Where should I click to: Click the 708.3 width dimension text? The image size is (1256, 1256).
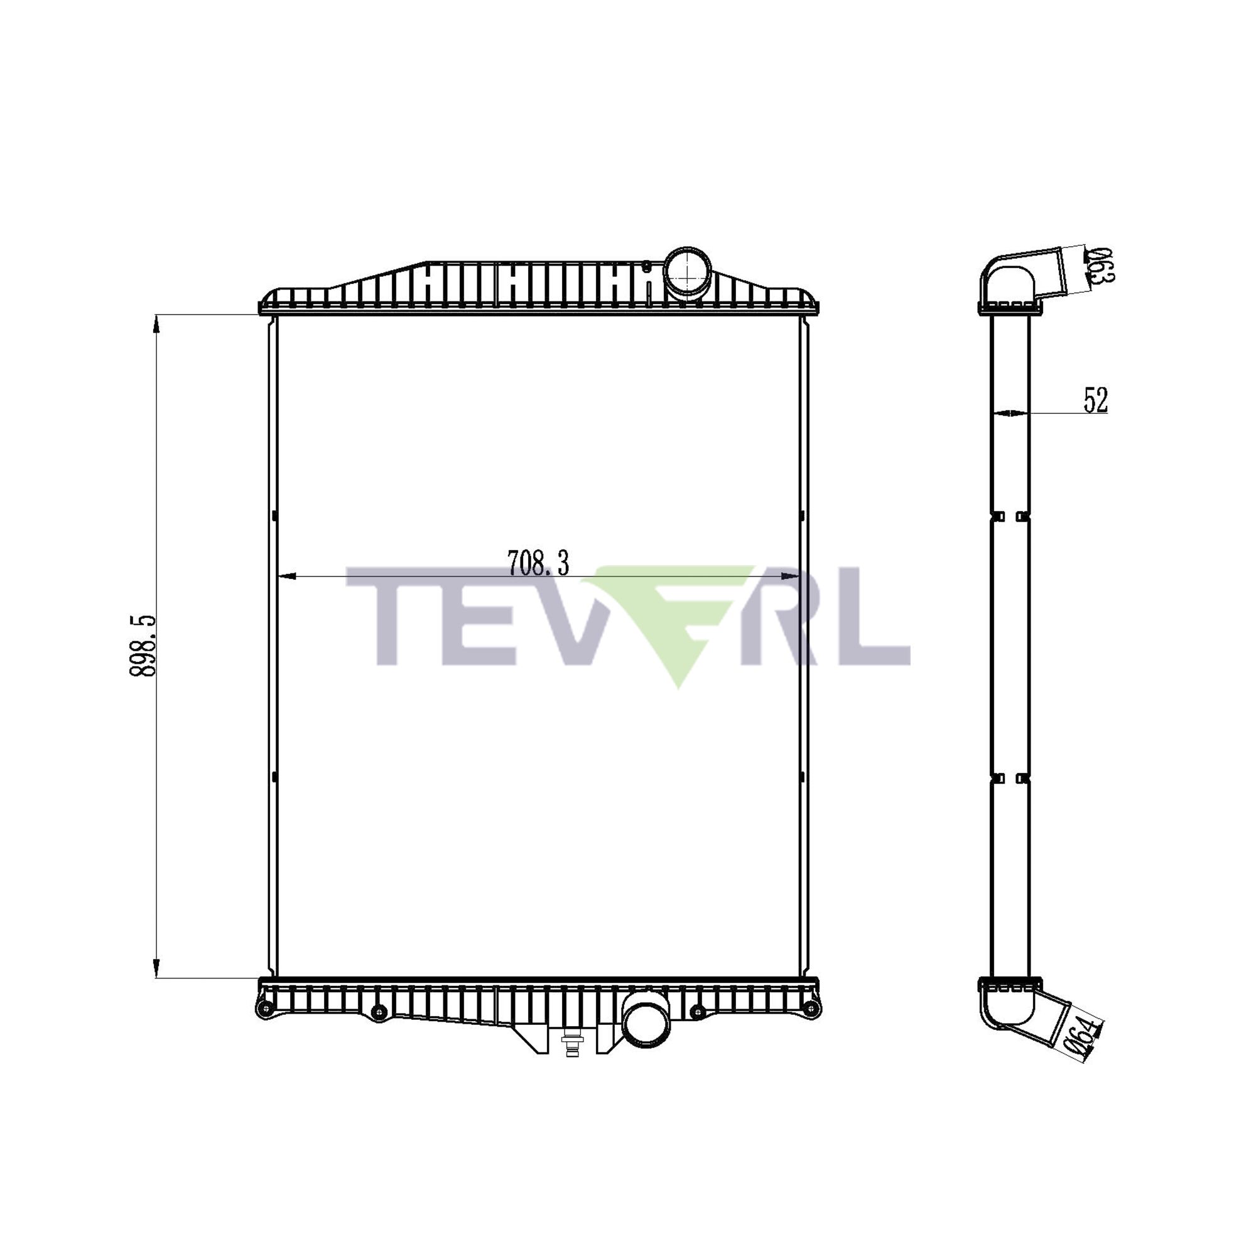point(538,563)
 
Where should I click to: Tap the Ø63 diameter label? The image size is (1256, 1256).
point(1101,265)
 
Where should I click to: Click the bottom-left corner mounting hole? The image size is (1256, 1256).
point(264,1027)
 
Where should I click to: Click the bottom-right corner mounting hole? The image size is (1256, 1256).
point(810,1027)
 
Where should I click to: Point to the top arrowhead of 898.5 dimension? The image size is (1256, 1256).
point(156,323)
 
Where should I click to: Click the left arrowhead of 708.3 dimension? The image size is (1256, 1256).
point(286,576)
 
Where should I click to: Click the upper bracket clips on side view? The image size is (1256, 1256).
point(1010,517)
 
